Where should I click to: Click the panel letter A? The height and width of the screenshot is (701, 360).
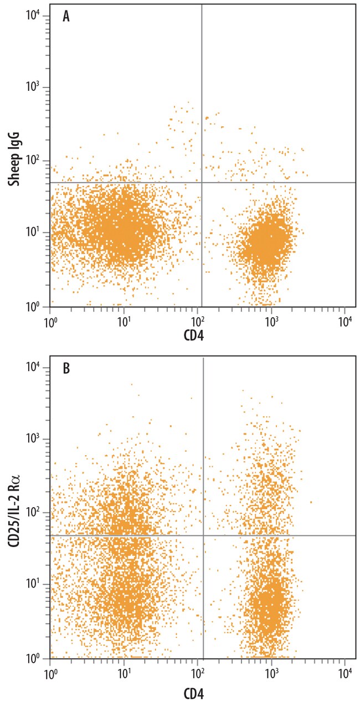[66, 16]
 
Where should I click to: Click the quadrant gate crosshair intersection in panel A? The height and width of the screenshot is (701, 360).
[201, 182]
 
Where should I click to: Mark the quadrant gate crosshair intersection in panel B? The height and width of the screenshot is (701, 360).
[204, 535]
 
